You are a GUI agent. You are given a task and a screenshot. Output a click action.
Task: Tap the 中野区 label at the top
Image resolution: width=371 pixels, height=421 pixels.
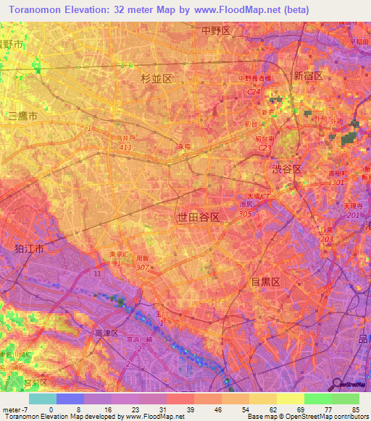[215, 30]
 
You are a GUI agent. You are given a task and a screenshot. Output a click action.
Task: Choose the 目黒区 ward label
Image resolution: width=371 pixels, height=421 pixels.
[264, 279]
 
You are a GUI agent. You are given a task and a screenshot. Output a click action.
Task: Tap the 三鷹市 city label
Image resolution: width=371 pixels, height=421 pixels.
[22, 116]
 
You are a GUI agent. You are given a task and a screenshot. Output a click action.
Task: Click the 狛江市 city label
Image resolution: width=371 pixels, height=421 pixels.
[29, 248]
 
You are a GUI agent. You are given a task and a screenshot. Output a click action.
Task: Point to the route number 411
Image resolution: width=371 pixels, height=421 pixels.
[125, 148]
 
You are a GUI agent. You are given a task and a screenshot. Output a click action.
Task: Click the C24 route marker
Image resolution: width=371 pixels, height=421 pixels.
[253, 92]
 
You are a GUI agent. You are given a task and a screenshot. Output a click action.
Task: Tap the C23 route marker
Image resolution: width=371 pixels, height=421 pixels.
[265, 148]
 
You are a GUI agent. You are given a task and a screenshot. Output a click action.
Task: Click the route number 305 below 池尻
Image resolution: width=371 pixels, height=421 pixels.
[245, 213]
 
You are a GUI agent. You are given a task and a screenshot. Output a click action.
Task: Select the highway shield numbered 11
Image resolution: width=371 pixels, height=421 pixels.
[97, 273]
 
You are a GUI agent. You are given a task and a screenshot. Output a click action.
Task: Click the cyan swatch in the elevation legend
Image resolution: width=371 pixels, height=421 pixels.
[43, 399]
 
